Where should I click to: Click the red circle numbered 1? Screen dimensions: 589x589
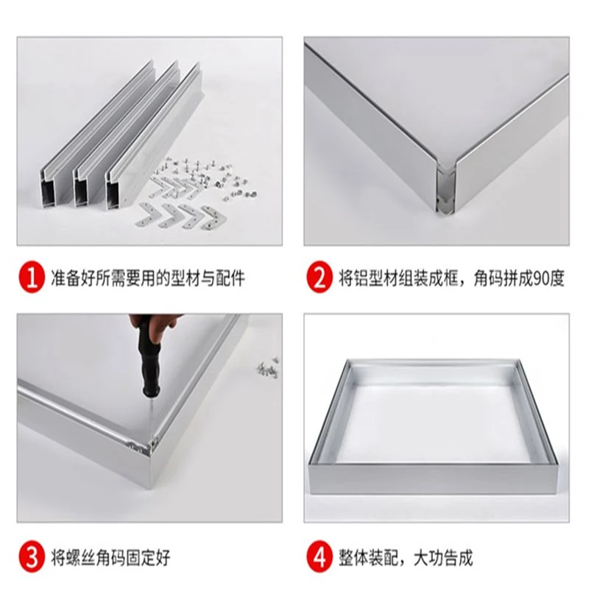pos(32,278)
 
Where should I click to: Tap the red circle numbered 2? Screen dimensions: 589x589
pos(320,278)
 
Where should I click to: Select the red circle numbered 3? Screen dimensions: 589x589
pos(32,557)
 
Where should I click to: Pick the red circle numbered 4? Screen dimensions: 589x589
pos(320,557)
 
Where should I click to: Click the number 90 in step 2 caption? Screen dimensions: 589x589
pos(540,279)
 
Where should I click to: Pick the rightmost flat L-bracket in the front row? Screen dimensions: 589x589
pos(214,216)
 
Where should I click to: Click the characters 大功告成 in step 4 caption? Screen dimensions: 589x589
pos(443,558)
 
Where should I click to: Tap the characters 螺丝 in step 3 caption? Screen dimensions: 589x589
pos(81,558)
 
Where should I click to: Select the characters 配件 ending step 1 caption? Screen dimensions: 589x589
pos(230,279)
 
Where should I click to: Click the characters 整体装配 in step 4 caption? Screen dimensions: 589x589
pos(368,558)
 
